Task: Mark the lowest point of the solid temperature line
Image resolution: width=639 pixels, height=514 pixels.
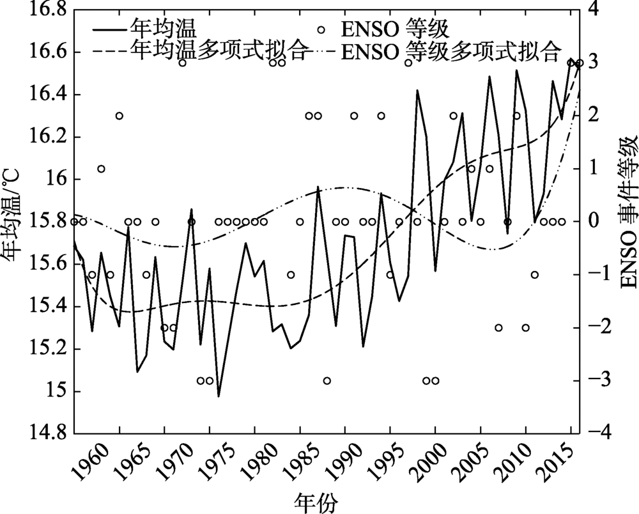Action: point(219,396)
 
